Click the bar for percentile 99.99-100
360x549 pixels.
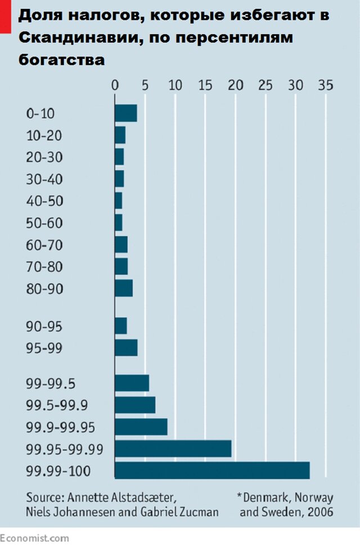(211, 470)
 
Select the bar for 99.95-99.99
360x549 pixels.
(173, 448)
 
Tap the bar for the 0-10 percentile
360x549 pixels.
(125, 114)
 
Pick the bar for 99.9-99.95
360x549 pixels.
(141, 427)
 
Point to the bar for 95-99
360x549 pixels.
(125, 348)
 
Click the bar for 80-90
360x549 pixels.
(123, 288)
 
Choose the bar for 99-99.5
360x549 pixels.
(132, 383)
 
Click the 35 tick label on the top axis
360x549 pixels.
(325, 85)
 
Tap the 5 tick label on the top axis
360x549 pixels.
(145, 85)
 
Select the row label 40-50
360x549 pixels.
(44, 201)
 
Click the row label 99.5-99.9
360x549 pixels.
(56, 405)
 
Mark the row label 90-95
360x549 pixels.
(44, 326)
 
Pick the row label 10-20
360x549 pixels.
(44, 136)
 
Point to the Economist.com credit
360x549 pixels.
(34, 538)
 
